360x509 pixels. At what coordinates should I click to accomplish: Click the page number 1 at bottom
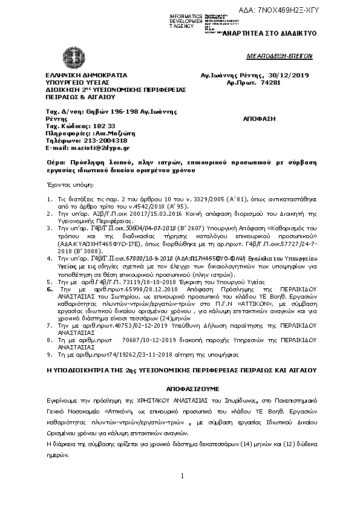[x=182, y=477]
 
